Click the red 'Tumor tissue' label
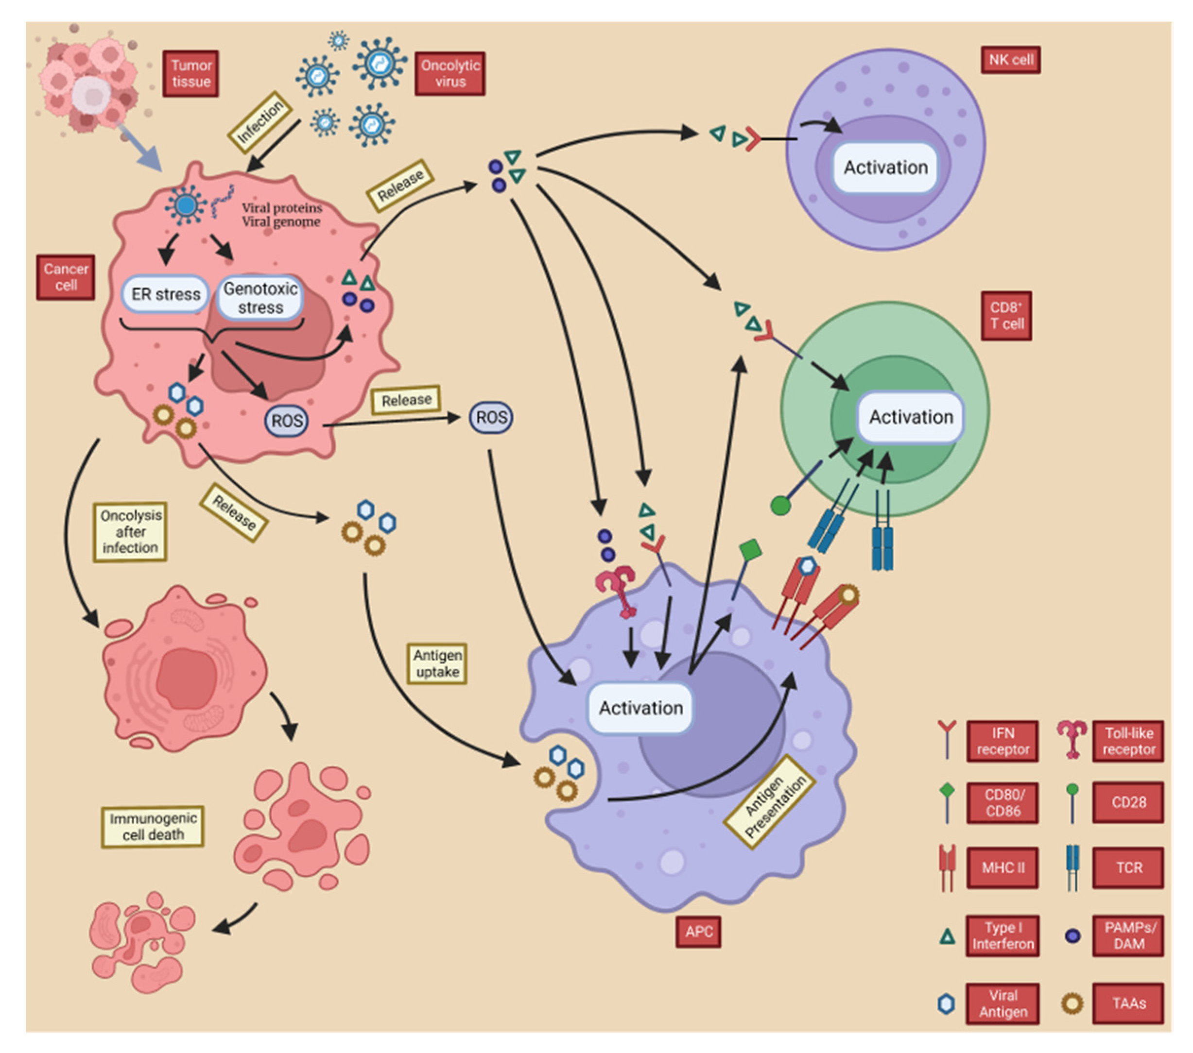coord(191,73)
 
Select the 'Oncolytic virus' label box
coord(450,73)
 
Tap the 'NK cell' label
coord(1010,60)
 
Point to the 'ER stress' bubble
coord(165,294)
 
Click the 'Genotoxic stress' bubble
coord(260,298)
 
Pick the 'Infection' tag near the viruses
coord(259,122)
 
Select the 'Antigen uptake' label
coord(437,663)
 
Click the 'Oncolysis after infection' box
coord(130,531)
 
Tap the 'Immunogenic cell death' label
coord(153,826)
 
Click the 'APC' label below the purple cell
coord(699,931)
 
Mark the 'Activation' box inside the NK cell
coord(885,168)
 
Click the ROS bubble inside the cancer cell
coord(287,421)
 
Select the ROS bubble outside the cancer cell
coord(491,417)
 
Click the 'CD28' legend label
coord(1128,802)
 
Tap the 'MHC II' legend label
coord(1002,867)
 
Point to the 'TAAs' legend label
coord(1128,1003)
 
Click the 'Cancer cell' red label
coord(66,277)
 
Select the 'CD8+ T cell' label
coord(1007,316)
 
